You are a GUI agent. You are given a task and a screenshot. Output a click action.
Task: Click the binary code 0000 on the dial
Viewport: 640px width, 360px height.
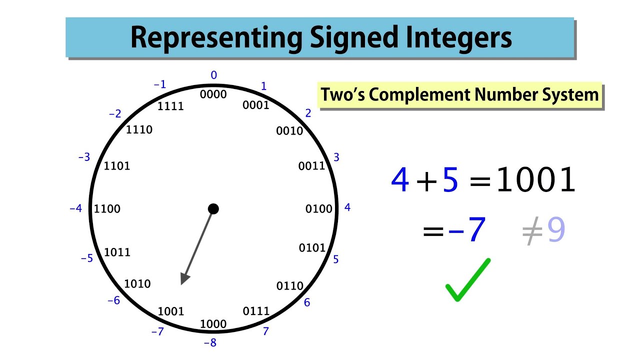coord(213,94)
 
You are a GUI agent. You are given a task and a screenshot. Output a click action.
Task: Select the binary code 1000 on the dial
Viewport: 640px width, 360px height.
coord(213,324)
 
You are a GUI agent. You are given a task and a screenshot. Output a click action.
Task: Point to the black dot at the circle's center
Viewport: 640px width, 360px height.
coord(213,208)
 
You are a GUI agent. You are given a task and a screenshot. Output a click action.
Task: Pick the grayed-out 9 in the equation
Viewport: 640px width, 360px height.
coord(556,230)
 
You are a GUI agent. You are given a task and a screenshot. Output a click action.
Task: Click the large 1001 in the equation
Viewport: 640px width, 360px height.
coord(536,180)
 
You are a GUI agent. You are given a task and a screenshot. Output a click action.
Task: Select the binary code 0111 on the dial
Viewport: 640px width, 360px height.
coord(256,311)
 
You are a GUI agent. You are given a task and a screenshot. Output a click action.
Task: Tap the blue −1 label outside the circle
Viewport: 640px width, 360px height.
coord(160,84)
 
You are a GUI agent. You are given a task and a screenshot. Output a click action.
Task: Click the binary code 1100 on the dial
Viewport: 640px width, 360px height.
coord(107,208)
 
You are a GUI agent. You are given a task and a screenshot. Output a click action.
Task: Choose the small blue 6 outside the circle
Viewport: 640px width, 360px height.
coord(307,302)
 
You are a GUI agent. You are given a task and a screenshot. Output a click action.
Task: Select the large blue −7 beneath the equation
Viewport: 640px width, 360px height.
coord(467,230)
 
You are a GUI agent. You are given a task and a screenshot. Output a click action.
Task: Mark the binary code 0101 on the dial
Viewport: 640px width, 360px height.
coord(312,247)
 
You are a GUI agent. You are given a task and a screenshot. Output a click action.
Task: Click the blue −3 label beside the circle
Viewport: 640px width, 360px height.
coord(84,157)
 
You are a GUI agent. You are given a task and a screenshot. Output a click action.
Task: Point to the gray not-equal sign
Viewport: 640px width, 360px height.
coord(532,231)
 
